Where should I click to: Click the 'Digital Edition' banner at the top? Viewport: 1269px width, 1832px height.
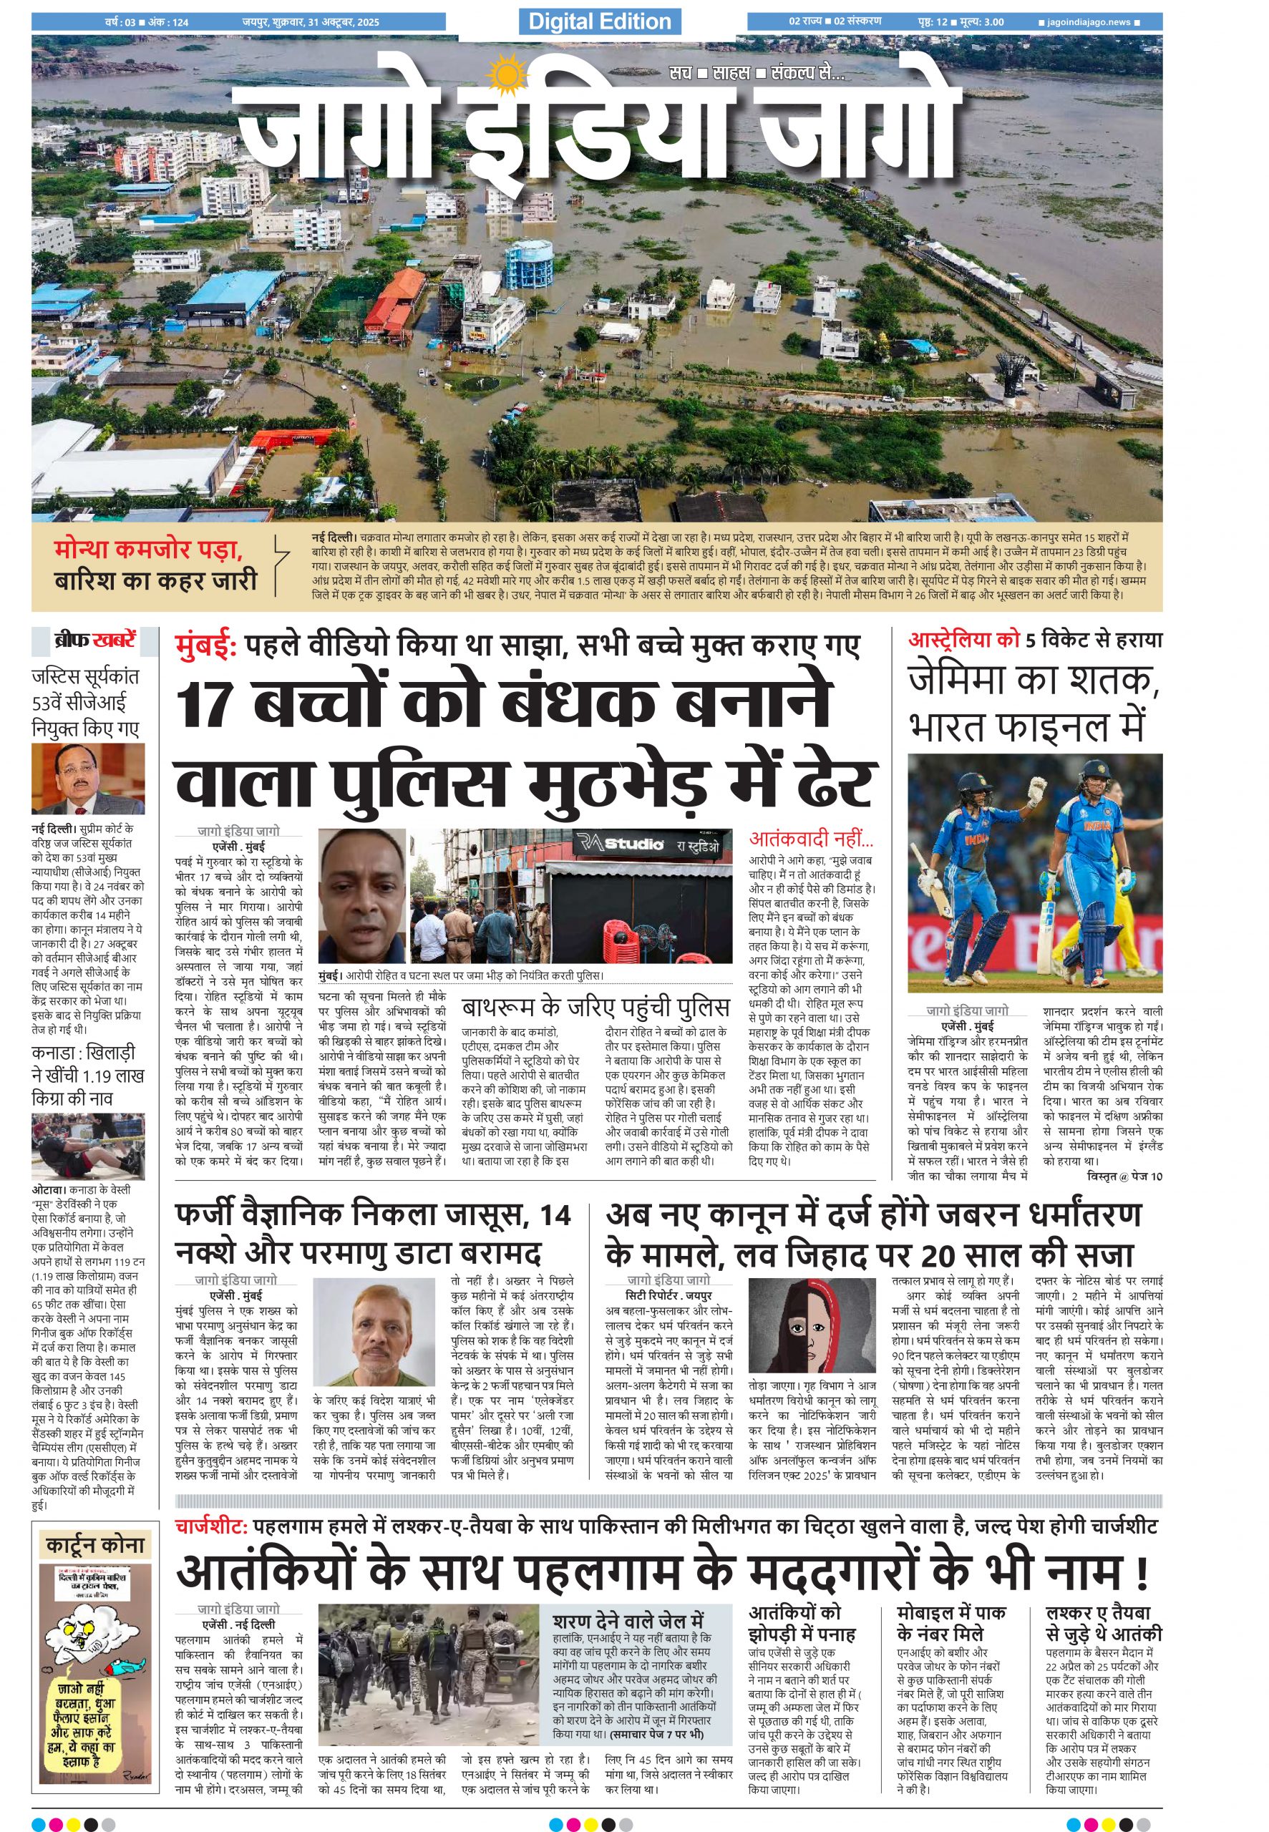click(x=600, y=21)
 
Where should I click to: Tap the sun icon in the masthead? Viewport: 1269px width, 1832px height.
click(x=504, y=77)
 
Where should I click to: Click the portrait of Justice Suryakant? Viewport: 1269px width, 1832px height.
click(x=87, y=779)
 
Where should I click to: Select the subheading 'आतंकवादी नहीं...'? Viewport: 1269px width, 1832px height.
click(x=811, y=839)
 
